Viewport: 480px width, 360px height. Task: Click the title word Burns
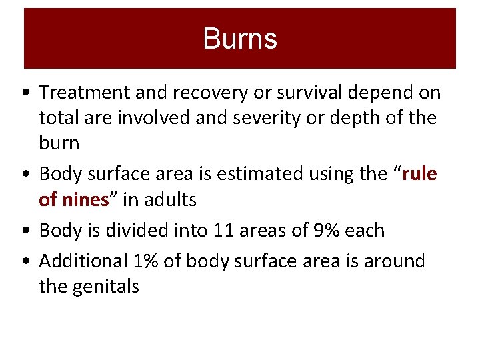240,39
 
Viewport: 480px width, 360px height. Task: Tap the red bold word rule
421,174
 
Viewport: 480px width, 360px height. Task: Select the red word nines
83,199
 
